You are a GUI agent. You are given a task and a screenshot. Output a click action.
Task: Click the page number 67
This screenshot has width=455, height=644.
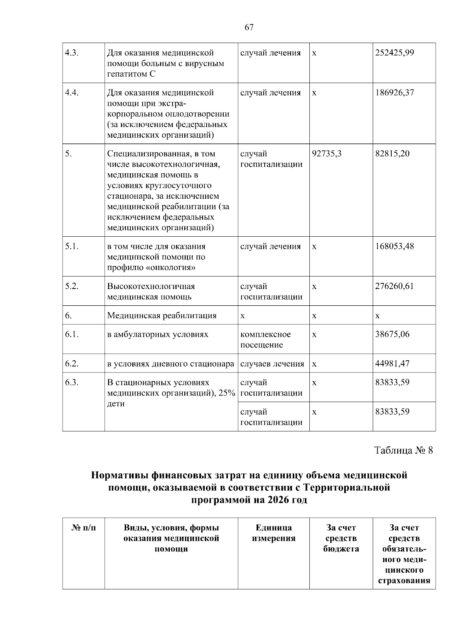tap(249, 27)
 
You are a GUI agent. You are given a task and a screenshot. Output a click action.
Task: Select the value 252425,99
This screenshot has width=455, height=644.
tap(394, 53)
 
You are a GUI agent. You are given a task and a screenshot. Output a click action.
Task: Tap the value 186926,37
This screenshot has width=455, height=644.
tap(394, 93)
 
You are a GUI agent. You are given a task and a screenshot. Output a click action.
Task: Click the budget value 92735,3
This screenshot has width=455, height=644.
tap(326, 154)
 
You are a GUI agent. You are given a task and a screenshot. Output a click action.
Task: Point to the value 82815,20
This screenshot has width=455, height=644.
tap(392, 154)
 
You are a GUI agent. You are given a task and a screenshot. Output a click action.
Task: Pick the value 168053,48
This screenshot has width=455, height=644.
tap(394, 247)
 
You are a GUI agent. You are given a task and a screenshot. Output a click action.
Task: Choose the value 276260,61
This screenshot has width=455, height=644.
tap(394, 286)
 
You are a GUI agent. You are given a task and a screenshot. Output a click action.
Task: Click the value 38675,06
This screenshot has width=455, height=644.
tap(392, 335)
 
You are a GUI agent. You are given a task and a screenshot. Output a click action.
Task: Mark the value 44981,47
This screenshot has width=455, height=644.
tap(392, 364)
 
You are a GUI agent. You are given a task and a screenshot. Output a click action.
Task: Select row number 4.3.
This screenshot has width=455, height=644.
tap(72, 53)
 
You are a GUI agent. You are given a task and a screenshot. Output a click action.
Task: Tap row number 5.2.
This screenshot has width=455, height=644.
tap(72, 286)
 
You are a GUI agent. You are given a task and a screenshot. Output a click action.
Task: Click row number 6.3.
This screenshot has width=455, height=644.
tap(72, 382)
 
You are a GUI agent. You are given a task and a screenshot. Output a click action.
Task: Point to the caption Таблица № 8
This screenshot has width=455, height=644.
tap(403, 450)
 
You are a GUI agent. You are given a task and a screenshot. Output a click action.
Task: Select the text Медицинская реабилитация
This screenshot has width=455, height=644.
tap(162, 316)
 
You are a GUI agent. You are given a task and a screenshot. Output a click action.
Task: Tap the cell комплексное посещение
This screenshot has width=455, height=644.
tap(265, 339)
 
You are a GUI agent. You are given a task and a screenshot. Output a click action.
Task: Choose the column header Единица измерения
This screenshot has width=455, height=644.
tap(273, 533)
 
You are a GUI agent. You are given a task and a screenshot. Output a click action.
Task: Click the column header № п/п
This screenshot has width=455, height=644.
tap(83, 528)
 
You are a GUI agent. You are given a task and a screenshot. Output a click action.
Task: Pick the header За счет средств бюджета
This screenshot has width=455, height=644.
tap(341, 538)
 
